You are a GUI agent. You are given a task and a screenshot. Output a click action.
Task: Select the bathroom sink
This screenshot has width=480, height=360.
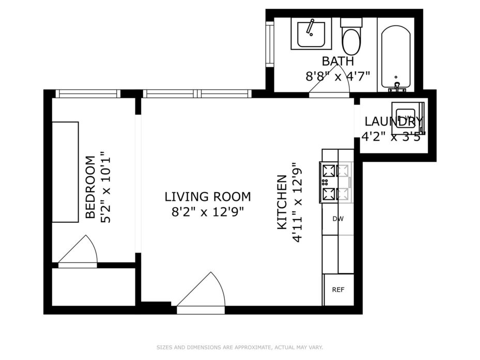(x=311, y=34)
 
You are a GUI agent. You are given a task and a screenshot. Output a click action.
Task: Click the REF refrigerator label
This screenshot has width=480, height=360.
(x=338, y=290)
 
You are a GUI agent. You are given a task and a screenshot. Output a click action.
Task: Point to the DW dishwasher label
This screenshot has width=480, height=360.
(x=338, y=219)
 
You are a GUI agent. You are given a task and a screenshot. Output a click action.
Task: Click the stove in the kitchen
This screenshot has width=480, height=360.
(x=336, y=182)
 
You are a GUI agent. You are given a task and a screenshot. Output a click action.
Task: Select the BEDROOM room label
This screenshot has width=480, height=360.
(x=90, y=187)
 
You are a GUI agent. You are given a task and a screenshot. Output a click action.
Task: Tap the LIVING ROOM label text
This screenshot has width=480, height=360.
(x=208, y=197)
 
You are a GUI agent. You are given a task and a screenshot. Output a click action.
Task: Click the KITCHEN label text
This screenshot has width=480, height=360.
(x=282, y=202)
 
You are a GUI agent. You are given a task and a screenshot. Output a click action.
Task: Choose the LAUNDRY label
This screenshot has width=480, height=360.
(x=394, y=121)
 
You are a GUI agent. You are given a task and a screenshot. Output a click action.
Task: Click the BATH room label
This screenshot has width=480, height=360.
(x=338, y=61)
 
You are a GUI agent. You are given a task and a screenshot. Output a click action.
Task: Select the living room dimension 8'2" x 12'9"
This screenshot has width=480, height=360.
(x=208, y=212)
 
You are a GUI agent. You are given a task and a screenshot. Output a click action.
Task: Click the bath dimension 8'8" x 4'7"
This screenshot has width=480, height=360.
(x=338, y=76)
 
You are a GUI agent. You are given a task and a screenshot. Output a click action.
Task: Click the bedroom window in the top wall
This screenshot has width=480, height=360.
(x=88, y=93)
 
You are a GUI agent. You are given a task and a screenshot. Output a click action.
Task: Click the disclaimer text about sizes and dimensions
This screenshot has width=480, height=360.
(x=240, y=348)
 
